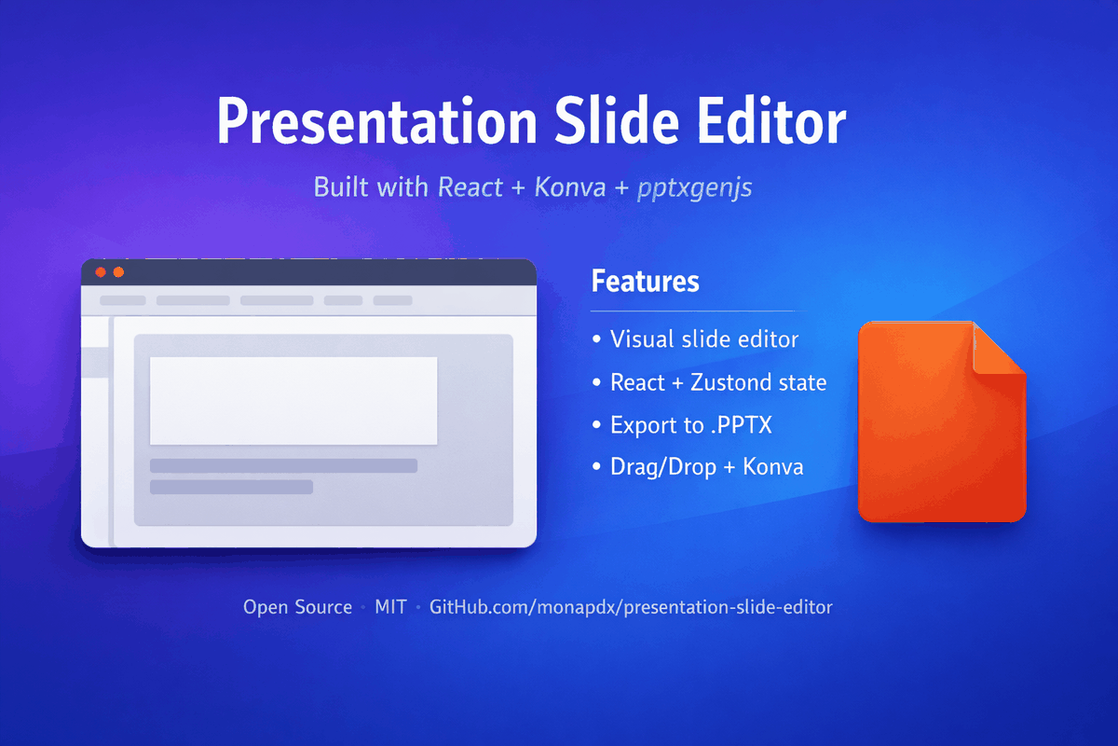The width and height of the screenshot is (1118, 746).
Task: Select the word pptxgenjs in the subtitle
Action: [x=695, y=188]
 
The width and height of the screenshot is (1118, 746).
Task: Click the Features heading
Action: [x=645, y=281]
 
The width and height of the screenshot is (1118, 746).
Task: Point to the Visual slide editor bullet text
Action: [x=704, y=339]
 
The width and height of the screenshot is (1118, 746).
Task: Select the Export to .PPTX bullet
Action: [x=690, y=425]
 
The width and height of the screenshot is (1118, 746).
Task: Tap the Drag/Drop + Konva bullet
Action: [x=706, y=467]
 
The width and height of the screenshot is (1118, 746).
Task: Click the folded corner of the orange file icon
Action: [x=997, y=349]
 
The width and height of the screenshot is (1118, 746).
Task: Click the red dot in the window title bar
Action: [x=101, y=271]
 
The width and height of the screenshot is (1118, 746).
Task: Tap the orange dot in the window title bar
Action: [x=118, y=271]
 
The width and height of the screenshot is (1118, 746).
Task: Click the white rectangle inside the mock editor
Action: [x=293, y=400]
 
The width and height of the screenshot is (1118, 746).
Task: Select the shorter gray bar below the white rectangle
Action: [x=231, y=487]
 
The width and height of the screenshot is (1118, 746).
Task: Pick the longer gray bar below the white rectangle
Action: [x=283, y=465]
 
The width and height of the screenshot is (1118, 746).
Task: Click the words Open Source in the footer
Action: [x=297, y=607]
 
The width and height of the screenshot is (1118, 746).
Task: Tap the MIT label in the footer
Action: [x=390, y=607]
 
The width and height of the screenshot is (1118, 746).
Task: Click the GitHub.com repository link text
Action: [x=631, y=607]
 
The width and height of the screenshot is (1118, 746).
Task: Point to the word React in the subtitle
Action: [x=470, y=187]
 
